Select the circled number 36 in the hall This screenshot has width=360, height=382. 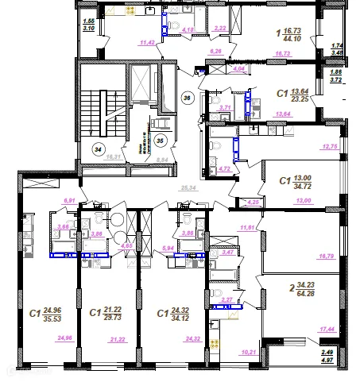pos(188,98)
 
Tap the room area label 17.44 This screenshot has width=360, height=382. pos(326,328)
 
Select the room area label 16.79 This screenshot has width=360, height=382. pos(326,257)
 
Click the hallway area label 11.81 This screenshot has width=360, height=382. pos(246,228)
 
